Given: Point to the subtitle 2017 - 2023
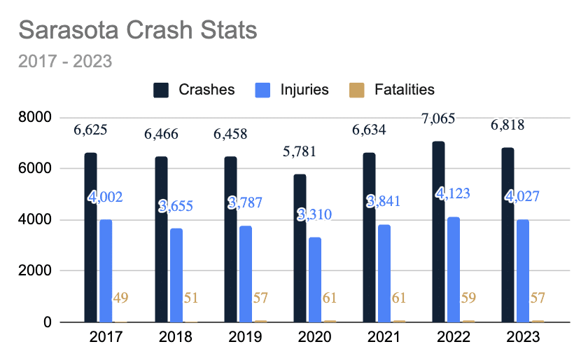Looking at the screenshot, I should (x=64, y=61).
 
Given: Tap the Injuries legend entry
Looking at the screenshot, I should (x=294, y=90).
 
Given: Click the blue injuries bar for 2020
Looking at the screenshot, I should (x=315, y=280).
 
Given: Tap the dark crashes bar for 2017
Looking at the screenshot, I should (x=91, y=238).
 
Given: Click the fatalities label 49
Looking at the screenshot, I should (x=120, y=299).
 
